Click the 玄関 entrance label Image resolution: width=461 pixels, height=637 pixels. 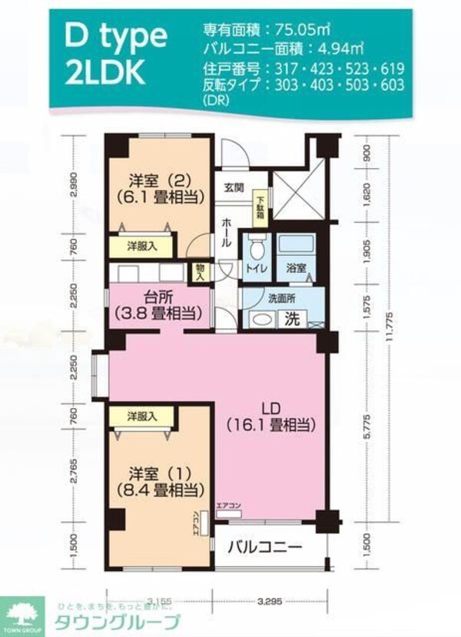click(x=233, y=187)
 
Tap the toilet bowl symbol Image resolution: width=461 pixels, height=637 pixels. click(x=255, y=247)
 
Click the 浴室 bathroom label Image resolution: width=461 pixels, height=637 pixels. click(x=296, y=269)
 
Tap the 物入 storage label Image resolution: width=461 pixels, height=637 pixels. click(x=200, y=271)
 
